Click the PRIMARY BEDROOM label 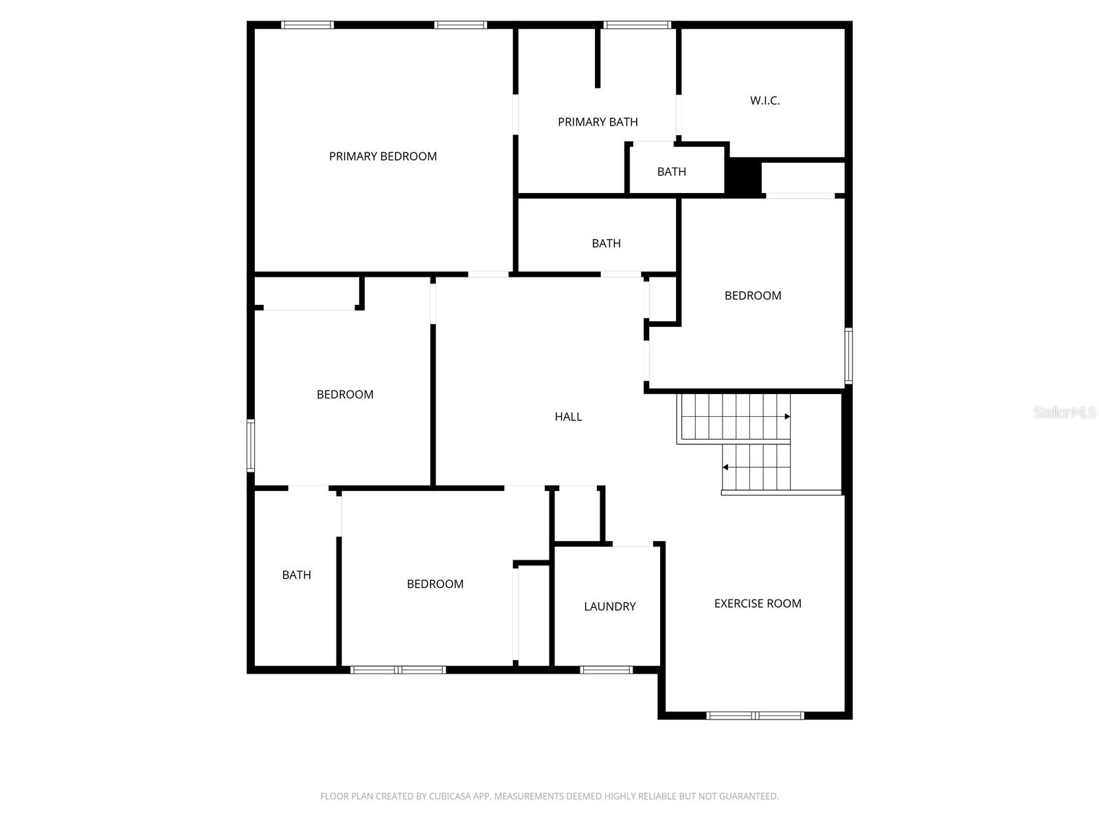383,157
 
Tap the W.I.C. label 764,101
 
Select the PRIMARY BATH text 598,122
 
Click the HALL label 568,417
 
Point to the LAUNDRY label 609,606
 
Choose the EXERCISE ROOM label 758,604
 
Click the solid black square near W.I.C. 745,176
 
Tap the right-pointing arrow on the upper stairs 787,417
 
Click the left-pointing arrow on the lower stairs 725,468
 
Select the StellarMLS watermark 1065,413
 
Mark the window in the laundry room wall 606,669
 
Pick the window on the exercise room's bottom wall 755,716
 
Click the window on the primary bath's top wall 637,25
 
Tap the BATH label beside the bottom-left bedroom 297,575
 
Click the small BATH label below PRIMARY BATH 671,172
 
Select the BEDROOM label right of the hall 753,296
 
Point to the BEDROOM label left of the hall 345,395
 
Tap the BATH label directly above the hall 606,244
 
